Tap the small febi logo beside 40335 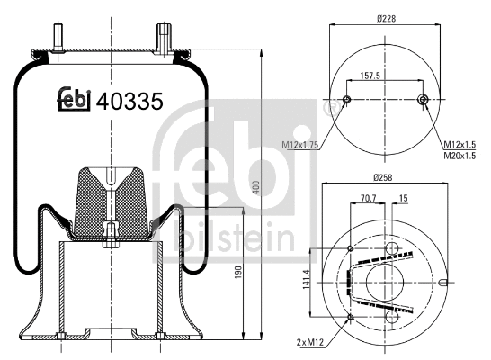pyautogui.click(x=76, y=102)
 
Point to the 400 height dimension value pyautogui.click(x=255, y=187)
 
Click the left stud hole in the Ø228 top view pyautogui.click(x=347, y=100)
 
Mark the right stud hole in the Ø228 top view pyautogui.click(x=424, y=100)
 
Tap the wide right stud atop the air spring pyautogui.click(x=165, y=37)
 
